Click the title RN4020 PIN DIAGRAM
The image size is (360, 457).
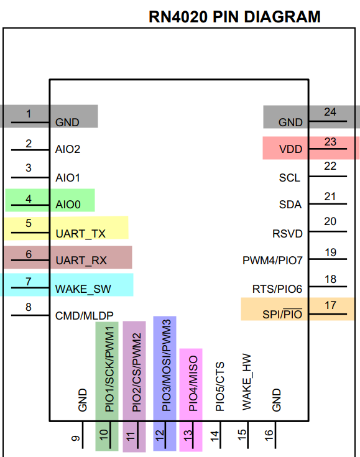point(234,17)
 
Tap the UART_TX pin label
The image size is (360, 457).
point(80,234)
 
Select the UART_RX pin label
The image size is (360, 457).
point(81,261)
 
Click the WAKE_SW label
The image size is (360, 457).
point(83,289)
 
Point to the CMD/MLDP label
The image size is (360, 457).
point(84,316)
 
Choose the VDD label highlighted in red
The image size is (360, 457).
point(290,149)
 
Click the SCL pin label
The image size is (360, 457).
point(290,178)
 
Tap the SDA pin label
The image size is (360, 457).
point(290,205)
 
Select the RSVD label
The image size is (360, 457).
point(287,234)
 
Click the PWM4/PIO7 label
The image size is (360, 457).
point(272,261)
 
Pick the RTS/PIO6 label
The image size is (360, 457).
point(277,289)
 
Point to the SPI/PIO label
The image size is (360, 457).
point(282,315)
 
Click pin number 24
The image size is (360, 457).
point(330,112)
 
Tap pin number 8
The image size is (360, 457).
point(28,307)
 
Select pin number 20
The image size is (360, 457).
point(330,221)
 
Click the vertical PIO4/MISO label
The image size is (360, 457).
point(193,383)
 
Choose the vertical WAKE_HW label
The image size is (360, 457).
point(247,382)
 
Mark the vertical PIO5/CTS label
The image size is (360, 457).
point(219,387)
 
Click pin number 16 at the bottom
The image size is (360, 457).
point(269,435)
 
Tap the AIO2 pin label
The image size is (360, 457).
point(68,149)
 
